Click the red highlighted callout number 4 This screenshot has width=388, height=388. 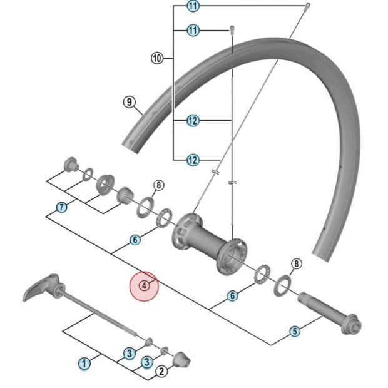coord(144,285)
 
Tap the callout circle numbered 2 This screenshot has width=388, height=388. coord(161,372)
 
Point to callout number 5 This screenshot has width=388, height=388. coord(294,332)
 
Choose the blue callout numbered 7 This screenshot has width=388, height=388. coord(61,207)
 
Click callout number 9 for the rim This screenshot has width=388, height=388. coord(129,101)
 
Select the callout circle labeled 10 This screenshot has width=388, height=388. coord(156,58)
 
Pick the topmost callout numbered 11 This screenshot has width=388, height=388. coord(193,7)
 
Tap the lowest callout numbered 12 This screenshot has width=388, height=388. coord(193,161)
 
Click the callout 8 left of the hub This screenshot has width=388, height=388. coord(158,185)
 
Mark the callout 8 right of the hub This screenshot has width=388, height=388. coord(296,264)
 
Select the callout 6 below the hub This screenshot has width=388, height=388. coord(232,295)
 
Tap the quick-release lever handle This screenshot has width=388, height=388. coord(41,290)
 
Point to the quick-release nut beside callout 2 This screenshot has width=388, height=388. coord(181,359)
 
